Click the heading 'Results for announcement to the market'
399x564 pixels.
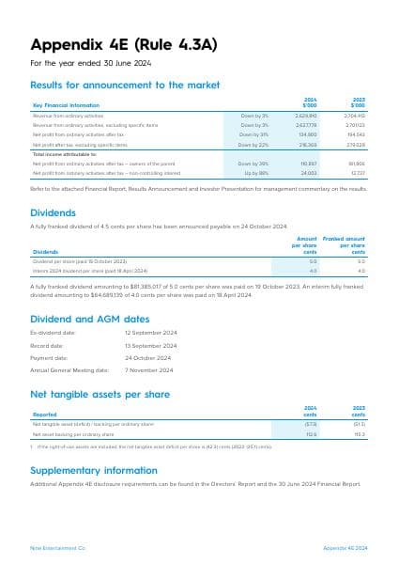pyautogui.click(x=125, y=85)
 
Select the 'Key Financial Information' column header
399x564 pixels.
pyautogui.click(x=65, y=104)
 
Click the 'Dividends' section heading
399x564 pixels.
pyautogui.click(x=54, y=212)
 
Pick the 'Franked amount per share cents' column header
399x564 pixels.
pyautogui.click(x=345, y=246)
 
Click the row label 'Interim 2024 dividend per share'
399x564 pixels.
pyautogui.click(x=76, y=270)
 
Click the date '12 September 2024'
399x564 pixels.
pyautogui.click(x=150, y=334)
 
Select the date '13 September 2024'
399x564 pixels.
pyautogui.click(x=150, y=346)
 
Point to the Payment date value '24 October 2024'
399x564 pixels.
pyautogui.click(x=147, y=358)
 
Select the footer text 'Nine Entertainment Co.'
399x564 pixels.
pyautogui.click(x=58, y=546)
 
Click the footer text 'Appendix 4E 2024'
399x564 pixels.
pyautogui.click(x=345, y=546)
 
